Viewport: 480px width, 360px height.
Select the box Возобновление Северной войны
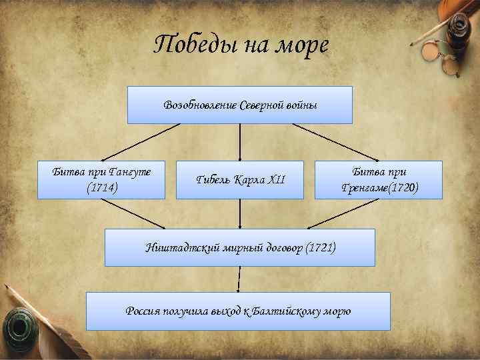240,105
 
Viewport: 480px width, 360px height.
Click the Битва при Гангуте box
101,179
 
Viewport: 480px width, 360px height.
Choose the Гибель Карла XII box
240,180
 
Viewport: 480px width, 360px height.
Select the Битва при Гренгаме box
377,179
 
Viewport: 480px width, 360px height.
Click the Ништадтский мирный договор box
240,248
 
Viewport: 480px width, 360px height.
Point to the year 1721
321,248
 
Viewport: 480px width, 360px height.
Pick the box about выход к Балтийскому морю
239,311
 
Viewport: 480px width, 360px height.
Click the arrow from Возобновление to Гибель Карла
240,142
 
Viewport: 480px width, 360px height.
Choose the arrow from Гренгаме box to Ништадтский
347,213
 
